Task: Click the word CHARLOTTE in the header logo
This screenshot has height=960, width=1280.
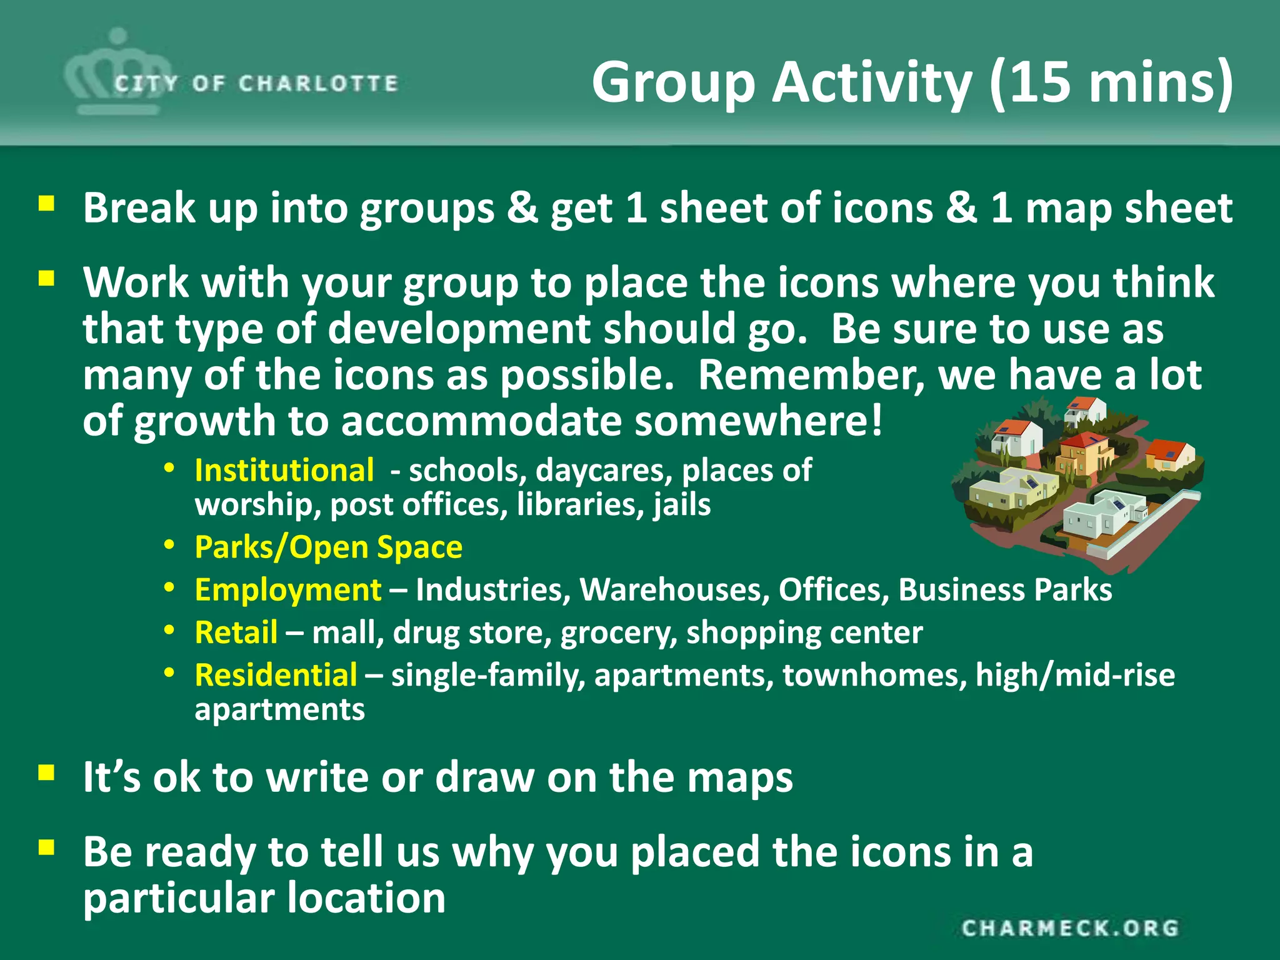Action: pos(318,84)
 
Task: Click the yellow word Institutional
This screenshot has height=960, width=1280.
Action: pos(284,471)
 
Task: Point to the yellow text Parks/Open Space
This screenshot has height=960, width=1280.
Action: pos(329,547)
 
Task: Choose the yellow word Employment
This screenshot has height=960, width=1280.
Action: pos(288,590)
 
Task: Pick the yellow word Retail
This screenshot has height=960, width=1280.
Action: pos(236,632)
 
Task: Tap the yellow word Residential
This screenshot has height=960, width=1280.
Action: pos(276,675)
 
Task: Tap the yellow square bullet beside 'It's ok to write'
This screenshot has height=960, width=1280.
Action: pos(46,773)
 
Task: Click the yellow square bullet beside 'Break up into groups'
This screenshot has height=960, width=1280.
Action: pos(46,204)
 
